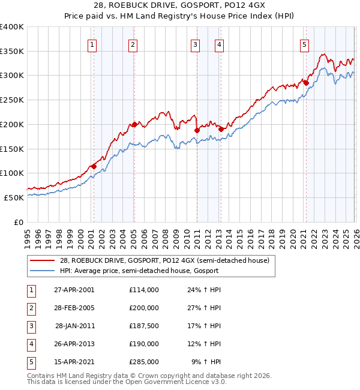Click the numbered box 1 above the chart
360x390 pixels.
[92, 44]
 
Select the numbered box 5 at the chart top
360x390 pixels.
[305, 44]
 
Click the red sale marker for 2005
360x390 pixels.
[134, 124]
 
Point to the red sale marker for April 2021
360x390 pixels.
[305, 83]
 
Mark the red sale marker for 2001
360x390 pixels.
[94, 166]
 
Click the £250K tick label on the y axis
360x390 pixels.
[11, 100]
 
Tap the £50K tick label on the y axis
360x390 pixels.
[13, 197]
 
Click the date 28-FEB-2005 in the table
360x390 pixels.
[74, 308]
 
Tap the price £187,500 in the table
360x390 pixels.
[143, 326]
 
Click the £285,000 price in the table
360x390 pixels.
[143, 362]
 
